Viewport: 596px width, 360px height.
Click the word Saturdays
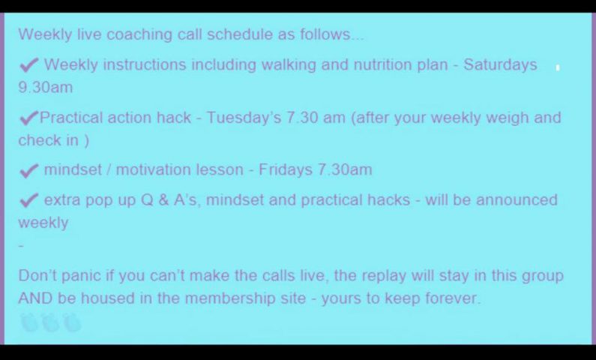[500, 65]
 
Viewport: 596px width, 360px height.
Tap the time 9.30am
[45, 88]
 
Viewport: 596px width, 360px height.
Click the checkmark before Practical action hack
[29, 118]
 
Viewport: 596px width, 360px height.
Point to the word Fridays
[286, 170]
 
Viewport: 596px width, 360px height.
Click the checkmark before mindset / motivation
[29, 171]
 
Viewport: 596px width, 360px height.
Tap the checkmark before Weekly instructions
[29, 65]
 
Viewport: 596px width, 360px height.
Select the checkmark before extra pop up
[29, 200]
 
